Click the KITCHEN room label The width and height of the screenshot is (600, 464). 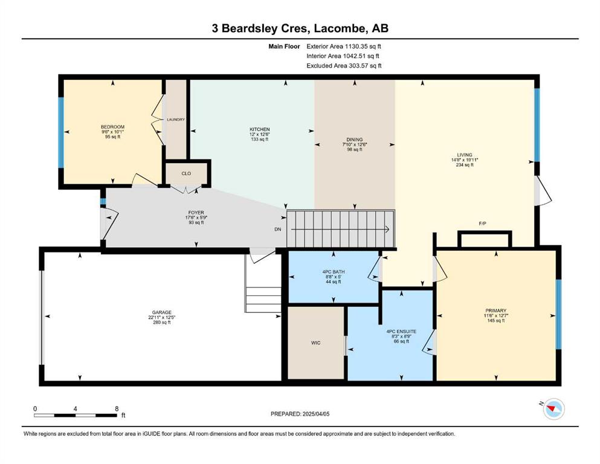259,129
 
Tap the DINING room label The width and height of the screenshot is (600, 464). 354,140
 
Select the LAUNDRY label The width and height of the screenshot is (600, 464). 176,120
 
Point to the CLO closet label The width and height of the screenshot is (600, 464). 186,173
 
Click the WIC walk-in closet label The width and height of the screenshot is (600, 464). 315,343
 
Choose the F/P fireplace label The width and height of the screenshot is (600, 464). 483,224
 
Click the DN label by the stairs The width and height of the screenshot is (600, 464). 278,229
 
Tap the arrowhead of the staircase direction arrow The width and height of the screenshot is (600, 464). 388,230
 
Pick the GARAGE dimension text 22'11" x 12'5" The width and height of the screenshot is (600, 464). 162,317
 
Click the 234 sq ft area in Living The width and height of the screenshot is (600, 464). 465,165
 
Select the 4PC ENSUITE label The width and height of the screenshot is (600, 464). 401,331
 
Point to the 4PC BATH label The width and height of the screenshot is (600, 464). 334,272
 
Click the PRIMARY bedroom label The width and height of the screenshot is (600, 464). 496,311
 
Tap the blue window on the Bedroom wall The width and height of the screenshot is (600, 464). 60,132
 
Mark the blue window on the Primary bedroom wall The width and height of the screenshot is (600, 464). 558,314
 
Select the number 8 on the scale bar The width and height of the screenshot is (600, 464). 117,408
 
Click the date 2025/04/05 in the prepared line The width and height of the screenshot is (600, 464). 315,414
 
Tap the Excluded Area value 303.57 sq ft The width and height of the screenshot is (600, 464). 365,66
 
